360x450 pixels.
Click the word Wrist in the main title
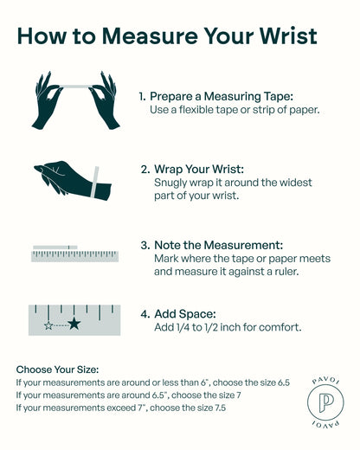pyautogui.click(x=288, y=36)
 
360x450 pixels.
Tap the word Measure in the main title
pyautogui.click(x=151, y=36)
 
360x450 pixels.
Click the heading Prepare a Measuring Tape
pyautogui.click(x=222, y=97)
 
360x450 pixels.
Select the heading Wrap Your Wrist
pyautogui.click(x=199, y=169)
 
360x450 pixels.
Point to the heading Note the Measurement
pyautogui.click(x=218, y=245)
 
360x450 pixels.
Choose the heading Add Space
pyautogui.click(x=185, y=314)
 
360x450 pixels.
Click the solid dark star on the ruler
pyautogui.click(x=74, y=324)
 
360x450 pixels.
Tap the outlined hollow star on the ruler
pyautogui.click(x=48, y=325)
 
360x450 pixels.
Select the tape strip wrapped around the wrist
pyautogui.click(x=95, y=182)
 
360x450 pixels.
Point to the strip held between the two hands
pyautogui.click(x=75, y=87)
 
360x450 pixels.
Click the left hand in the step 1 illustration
pyautogui.click(x=47, y=100)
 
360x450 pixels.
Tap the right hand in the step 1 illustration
pyautogui.click(x=105, y=100)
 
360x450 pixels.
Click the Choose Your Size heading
pyautogui.click(x=57, y=370)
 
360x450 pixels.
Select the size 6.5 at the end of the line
pyautogui.click(x=284, y=382)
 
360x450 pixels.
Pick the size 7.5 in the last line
pyautogui.click(x=220, y=408)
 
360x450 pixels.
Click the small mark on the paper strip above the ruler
pyautogui.click(x=69, y=247)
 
